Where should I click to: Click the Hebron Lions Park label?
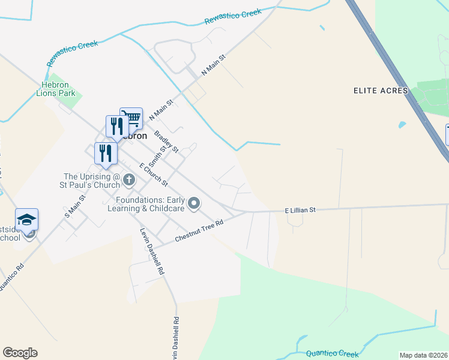pyautogui.click(x=56, y=89)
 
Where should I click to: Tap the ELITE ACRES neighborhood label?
pyautogui.click(x=380, y=91)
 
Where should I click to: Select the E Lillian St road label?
pyautogui.click(x=300, y=211)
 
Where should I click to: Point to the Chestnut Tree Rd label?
pyautogui.click(x=199, y=231)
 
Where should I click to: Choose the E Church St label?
pyautogui.click(x=153, y=174)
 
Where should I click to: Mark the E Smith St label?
pyautogui.click(x=160, y=152)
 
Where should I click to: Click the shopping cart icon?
pyautogui.click(x=131, y=118)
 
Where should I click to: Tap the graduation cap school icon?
pyautogui.click(x=27, y=220)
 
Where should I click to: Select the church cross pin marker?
pyautogui.click(x=128, y=179)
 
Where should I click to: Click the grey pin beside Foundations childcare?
pyautogui.click(x=193, y=204)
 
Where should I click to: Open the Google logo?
pyautogui.click(x=20, y=353)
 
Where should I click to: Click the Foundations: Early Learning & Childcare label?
pyautogui.click(x=150, y=205)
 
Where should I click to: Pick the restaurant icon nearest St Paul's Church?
pyautogui.click(x=106, y=152)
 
